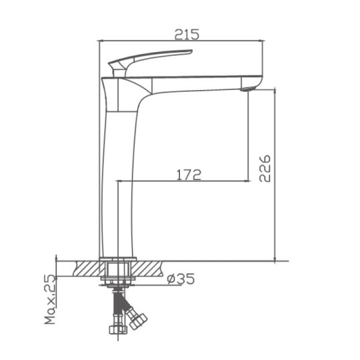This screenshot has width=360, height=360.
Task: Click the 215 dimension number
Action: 187,35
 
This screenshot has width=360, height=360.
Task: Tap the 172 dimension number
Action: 189,175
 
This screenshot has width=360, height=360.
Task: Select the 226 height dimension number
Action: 265,169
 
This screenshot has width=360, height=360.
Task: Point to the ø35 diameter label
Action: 181,279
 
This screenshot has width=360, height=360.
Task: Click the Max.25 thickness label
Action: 50,299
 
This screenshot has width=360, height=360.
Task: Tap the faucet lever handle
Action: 150,60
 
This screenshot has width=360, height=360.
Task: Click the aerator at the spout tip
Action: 247,89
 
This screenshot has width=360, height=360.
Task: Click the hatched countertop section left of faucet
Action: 89,268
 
